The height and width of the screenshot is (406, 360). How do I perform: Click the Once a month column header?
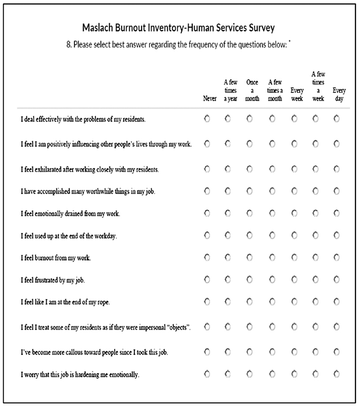(x=252, y=90)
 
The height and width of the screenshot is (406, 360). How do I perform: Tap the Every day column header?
(x=339, y=94)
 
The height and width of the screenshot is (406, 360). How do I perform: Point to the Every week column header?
(x=297, y=94)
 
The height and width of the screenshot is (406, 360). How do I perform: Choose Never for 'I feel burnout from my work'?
(x=206, y=257)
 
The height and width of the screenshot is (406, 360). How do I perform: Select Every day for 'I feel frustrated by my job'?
(x=337, y=279)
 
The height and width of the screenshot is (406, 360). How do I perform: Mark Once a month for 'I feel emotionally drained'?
(x=249, y=213)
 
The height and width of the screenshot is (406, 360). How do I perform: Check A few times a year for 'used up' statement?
(x=228, y=235)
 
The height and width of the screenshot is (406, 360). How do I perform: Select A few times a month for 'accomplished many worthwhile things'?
(x=272, y=191)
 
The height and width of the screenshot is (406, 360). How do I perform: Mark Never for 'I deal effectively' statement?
(x=206, y=119)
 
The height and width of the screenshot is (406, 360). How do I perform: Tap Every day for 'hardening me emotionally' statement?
(x=337, y=375)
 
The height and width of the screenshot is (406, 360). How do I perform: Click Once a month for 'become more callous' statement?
(x=249, y=351)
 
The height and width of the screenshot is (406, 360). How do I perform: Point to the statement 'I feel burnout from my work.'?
(x=56, y=258)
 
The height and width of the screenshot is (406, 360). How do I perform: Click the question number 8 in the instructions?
(x=68, y=44)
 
